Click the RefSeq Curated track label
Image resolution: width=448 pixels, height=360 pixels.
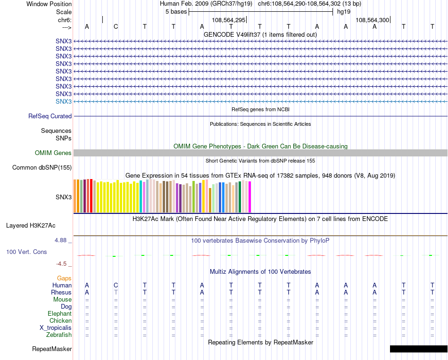(x=50, y=116)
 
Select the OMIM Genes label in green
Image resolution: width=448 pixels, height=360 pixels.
(x=53, y=153)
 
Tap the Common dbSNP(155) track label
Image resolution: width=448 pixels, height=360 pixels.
(x=42, y=168)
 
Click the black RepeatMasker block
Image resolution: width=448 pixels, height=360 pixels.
(x=418, y=349)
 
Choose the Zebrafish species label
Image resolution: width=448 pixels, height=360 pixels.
(x=59, y=335)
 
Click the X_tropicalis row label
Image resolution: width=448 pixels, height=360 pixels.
(x=56, y=328)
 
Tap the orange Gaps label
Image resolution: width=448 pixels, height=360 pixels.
(x=64, y=278)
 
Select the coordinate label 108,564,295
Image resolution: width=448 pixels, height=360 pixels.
(x=229, y=20)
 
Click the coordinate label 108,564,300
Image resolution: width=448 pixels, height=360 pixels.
(x=373, y=20)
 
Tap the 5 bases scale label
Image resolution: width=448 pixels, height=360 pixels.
(x=176, y=12)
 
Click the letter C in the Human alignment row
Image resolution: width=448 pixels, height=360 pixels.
(x=116, y=285)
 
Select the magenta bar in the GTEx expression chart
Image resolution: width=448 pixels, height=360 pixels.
(x=249, y=197)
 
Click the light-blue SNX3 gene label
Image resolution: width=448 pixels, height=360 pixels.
(x=64, y=102)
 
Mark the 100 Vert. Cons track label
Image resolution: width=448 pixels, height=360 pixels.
(x=26, y=252)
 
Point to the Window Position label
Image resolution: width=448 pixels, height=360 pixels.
(x=49, y=4)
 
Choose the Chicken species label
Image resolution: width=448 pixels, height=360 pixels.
(x=60, y=321)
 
